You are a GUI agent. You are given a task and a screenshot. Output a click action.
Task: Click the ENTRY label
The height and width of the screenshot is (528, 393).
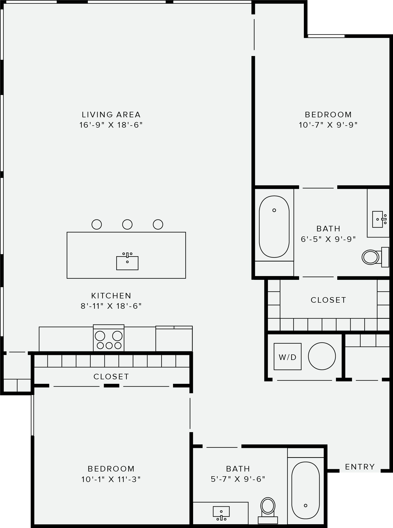pos(360,467)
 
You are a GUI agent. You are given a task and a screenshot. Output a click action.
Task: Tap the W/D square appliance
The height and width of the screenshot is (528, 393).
pos(287,356)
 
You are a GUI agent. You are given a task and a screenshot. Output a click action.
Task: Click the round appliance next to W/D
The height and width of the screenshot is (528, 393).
pos(322,356)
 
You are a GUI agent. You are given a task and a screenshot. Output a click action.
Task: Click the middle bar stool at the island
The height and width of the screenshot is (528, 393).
pos(127,224)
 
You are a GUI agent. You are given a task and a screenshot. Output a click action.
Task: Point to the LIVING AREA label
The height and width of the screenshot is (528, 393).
pos(111,115)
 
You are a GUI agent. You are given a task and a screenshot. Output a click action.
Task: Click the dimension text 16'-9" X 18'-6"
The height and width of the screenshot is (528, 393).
pos(111,125)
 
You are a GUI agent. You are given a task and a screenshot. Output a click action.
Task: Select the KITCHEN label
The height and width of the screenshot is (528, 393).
pos(111,296)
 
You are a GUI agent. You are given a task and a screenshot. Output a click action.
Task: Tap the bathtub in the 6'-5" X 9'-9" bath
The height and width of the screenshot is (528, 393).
pos(274,227)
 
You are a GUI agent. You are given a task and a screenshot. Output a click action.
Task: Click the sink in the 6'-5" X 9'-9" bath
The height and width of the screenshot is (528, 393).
pos(378,219)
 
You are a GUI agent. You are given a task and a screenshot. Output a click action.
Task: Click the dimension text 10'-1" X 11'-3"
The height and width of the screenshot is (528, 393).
pos(111,479)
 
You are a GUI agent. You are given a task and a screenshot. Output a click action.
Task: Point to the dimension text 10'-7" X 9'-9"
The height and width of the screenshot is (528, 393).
pos(328,125)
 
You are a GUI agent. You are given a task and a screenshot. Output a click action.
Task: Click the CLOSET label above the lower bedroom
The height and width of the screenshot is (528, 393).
pos(111,377)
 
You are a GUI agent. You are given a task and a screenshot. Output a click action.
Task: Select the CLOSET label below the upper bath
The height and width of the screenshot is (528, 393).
pos(328,300)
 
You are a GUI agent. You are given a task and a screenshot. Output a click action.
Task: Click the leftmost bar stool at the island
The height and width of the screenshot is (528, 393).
pos(97,224)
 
